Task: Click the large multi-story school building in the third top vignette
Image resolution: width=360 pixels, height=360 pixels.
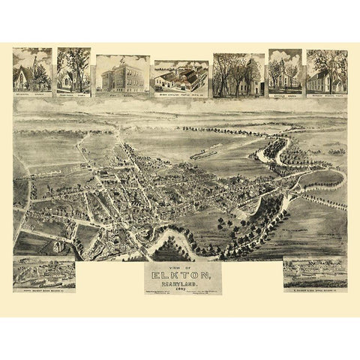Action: point(122,75)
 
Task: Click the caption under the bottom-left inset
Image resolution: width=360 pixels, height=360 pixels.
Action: point(43,289)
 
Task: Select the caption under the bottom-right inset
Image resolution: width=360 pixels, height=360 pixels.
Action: point(314,289)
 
